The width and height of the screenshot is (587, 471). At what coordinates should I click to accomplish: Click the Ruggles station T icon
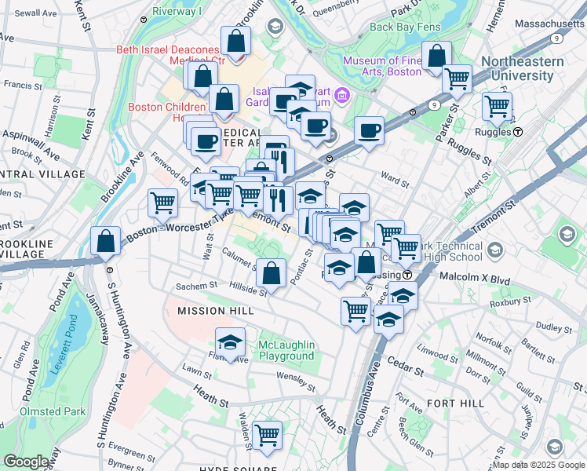click(x=518, y=132)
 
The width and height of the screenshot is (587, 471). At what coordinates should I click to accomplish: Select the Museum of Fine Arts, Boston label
click(x=382, y=66)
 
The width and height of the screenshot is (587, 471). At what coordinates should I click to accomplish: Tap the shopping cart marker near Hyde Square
click(x=268, y=434)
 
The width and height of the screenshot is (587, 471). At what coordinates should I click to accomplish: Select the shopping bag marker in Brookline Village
click(x=105, y=241)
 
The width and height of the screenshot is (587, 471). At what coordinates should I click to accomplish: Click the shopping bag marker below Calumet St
click(x=272, y=274)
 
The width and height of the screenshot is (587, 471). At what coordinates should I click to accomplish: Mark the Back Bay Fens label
click(x=404, y=26)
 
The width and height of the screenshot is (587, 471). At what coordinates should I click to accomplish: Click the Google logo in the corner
click(x=26, y=462)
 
